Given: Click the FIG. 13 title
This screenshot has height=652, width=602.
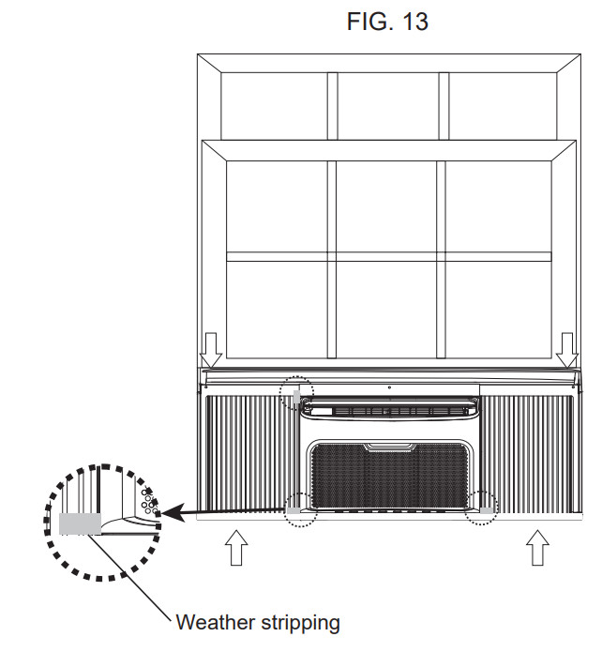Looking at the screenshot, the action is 387,21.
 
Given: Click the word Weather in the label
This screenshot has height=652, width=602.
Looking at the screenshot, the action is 216,623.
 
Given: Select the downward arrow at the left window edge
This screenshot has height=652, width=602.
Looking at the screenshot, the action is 211,350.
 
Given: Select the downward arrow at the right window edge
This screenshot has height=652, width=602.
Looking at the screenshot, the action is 567,350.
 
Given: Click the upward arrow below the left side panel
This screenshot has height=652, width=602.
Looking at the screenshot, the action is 236,547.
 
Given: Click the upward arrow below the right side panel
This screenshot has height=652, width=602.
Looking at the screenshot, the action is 537,547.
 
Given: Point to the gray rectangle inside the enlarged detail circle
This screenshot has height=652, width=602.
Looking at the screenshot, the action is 80,523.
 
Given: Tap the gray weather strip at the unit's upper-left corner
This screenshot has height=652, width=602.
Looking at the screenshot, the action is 296,397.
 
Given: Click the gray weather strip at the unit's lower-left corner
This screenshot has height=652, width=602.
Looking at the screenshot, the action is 293,510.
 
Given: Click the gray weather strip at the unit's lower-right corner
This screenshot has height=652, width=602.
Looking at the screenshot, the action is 487,510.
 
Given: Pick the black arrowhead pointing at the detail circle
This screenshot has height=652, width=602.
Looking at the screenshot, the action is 173,513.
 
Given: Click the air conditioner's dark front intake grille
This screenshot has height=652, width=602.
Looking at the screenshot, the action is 390,476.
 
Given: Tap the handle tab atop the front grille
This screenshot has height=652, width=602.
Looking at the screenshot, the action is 390,447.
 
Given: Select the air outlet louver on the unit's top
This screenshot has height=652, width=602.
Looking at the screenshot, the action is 390,411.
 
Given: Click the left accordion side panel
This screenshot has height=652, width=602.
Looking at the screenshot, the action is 249,455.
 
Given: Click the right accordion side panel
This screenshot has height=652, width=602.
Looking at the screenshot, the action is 527,454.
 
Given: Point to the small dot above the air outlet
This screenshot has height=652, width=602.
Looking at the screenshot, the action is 389,387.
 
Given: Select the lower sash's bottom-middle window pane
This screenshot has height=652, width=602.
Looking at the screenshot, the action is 386,310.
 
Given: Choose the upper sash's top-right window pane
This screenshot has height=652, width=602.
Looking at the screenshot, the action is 503,106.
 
